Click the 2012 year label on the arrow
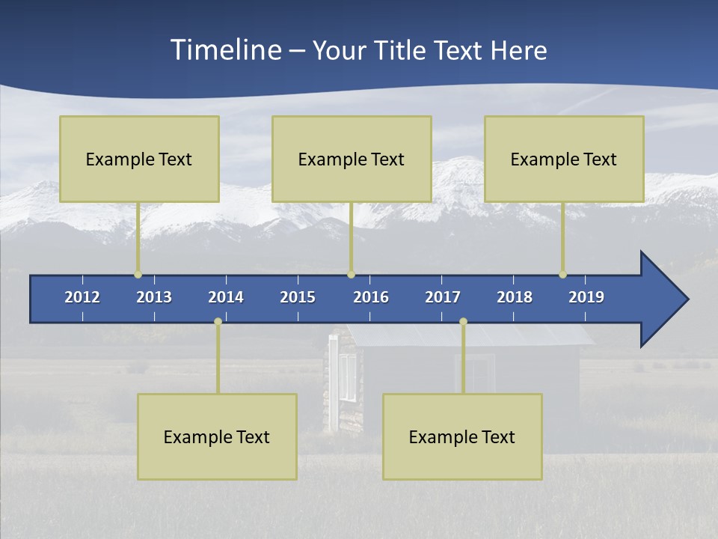[82, 297]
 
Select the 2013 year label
[154, 297]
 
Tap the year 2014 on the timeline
[226, 297]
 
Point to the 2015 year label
[298, 297]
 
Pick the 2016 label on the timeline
[371, 297]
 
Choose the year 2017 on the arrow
[443, 297]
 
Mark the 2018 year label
[515, 297]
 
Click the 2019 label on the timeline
[586, 297]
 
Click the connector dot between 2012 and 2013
[138, 275]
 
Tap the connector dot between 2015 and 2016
[351, 275]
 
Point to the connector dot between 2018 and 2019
[562, 275]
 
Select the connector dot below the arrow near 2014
[218, 321]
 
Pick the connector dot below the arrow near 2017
[463, 321]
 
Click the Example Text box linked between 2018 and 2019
[564, 159]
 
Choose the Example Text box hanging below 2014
[217, 436]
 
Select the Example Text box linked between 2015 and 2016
[352, 159]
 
